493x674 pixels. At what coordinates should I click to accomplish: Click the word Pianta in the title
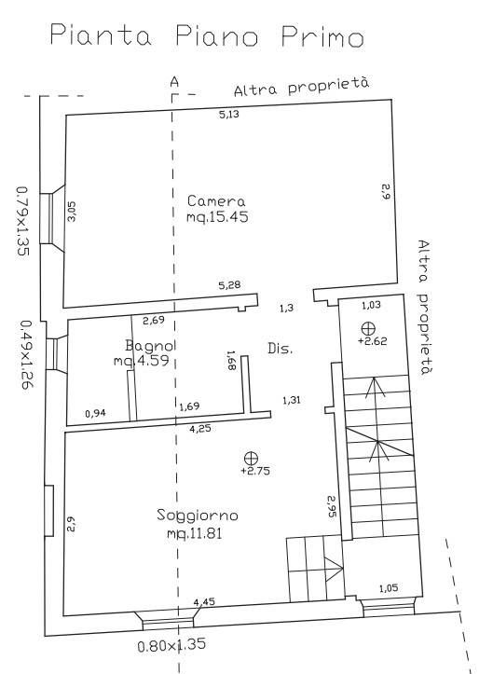click(101, 35)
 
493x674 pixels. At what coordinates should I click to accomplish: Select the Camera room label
click(216, 201)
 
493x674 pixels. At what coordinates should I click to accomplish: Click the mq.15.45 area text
click(217, 216)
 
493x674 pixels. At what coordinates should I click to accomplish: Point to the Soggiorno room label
click(198, 516)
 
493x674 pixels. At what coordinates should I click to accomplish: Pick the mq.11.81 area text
click(195, 533)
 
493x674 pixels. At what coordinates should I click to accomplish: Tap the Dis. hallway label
click(281, 348)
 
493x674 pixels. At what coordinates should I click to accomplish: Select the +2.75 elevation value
click(255, 471)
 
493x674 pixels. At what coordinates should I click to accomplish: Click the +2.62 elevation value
click(372, 341)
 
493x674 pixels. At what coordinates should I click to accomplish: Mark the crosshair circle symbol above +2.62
click(368, 329)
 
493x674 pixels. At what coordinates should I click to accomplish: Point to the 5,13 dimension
click(228, 115)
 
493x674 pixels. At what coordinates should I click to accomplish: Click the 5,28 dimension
click(229, 284)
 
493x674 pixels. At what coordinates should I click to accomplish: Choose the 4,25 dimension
click(200, 428)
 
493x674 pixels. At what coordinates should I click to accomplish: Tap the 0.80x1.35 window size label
click(171, 645)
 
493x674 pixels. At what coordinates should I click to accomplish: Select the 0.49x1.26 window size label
click(27, 354)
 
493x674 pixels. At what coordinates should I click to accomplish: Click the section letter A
click(174, 82)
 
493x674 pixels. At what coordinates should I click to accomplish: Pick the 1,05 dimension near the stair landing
click(389, 588)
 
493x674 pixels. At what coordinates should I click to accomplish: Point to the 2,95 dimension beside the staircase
click(332, 506)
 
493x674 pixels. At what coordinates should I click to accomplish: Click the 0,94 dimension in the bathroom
click(95, 414)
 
